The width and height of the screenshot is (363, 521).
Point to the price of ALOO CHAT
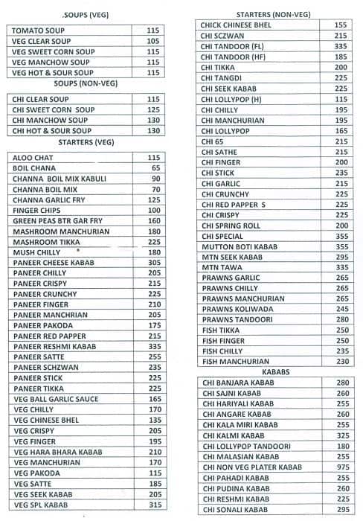pyautogui.click(x=154, y=158)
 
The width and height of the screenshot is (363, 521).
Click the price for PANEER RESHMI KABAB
pyautogui.click(x=154, y=346)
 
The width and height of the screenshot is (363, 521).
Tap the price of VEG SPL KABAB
pyautogui.click(x=154, y=505)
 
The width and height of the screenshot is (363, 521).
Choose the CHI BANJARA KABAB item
pyautogui.click(x=237, y=383)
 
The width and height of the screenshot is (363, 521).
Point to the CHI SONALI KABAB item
pyautogui.click(x=234, y=510)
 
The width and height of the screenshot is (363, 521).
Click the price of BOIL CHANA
pyautogui.click(x=154, y=168)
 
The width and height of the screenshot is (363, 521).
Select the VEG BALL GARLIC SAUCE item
pyautogui.click(x=56, y=399)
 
